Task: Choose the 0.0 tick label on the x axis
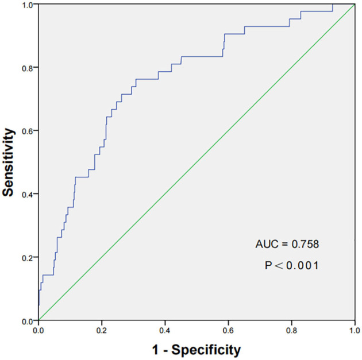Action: click(38, 331)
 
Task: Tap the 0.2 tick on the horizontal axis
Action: click(102, 331)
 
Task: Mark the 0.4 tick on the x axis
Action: click(165, 331)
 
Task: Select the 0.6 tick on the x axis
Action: click(228, 331)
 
